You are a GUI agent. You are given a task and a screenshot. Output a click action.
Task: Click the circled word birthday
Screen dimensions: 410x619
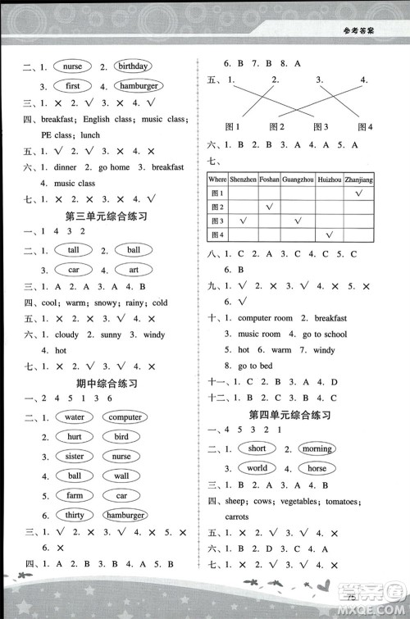[x=132, y=66]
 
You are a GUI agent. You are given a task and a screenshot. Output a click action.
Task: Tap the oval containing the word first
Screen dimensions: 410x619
[x=73, y=85]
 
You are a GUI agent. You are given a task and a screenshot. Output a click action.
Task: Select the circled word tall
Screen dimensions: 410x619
[x=74, y=250]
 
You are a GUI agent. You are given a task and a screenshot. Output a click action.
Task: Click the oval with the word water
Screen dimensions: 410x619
[x=75, y=417]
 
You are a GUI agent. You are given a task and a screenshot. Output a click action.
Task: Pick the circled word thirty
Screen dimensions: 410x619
[x=74, y=515]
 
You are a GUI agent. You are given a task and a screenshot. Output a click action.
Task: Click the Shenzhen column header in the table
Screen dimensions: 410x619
[x=244, y=179]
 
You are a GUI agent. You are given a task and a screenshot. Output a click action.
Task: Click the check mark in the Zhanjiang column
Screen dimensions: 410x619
[x=359, y=193]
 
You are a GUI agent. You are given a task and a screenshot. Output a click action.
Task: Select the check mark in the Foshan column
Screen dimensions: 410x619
[x=270, y=207]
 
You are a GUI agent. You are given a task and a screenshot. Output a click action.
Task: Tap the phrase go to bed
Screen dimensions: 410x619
[x=255, y=366]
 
